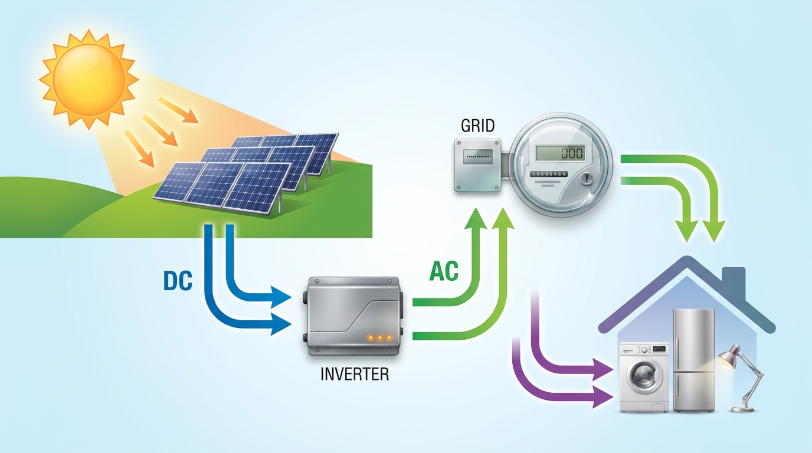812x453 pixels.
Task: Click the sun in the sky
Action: (x=89, y=79)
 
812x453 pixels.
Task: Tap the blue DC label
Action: (x=178, y=281)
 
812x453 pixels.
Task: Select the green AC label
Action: (x=444, y=271)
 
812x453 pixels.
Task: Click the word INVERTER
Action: (x=355, y=375)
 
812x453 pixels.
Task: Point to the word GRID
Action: (x=477, y=126)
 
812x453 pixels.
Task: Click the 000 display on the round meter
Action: (x=572, y=153)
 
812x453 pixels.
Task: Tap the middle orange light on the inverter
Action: (x=379, y=338)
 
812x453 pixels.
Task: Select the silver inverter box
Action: (x=353, y=316)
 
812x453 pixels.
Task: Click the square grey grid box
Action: (x=478, y=165)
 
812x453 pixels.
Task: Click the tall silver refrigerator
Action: (x=693, y=360)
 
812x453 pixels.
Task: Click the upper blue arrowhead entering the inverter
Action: (x=281, y=297)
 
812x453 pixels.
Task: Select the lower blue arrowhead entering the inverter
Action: (x=281, y=324)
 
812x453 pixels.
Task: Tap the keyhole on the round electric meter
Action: (x=587, y=178)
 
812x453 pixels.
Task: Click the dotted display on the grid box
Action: (x=478, y=156)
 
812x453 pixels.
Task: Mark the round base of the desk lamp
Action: (x=742, y=409)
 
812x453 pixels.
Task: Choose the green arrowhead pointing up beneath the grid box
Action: (x=476, y=219)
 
